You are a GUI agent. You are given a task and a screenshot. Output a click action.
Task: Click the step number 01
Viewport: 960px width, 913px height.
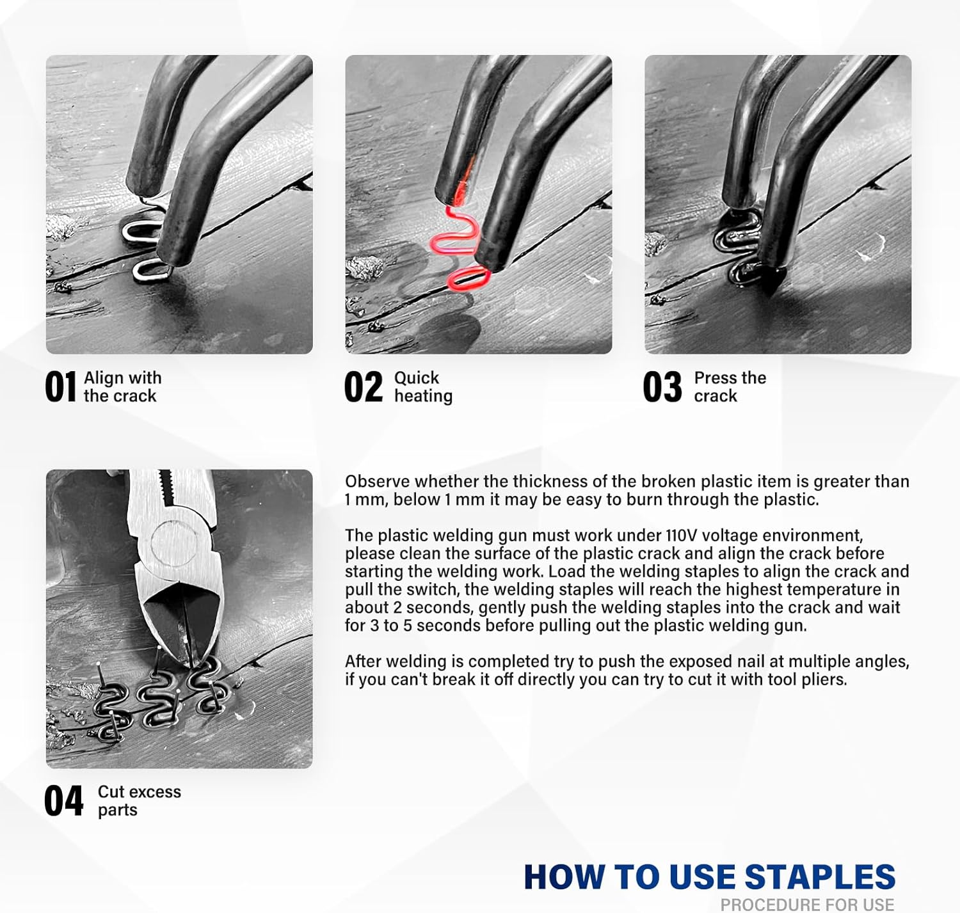coord(60,387)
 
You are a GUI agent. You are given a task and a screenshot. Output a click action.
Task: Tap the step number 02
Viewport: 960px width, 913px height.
coord(363,387)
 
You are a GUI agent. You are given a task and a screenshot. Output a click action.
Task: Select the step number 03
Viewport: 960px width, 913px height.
coord(662,387)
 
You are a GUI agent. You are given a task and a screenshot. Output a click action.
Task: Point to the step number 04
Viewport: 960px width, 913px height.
coord(63,801)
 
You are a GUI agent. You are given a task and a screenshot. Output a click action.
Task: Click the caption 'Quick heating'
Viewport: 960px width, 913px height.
coord(423,387)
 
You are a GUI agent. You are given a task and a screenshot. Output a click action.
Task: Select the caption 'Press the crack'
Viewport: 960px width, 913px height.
coord(730,387)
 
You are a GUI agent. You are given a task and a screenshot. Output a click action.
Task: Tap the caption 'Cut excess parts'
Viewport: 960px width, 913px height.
coord(139,801)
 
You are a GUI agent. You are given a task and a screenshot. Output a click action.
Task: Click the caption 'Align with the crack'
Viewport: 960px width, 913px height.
coord(122,387)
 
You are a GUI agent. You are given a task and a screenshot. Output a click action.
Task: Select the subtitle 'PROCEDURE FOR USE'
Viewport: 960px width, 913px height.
coord(807,905)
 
